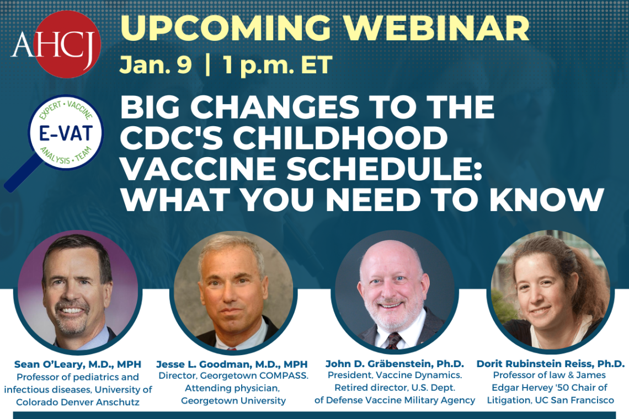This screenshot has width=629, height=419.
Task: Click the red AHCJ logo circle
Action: tap(67, 44)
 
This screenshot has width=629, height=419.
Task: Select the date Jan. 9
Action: tap(156, 65)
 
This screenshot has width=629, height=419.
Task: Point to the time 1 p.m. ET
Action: tap(277, 65)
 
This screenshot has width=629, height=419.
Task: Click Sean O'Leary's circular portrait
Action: tap(77, 290)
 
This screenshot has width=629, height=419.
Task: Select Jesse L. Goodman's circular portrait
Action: tap(233, 291)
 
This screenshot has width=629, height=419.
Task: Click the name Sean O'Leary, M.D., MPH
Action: tap(78, 364)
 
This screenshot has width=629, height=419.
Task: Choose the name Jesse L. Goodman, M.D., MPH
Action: tap(232, 364)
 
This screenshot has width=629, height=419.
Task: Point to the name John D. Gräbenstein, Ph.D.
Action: tap(395, 364)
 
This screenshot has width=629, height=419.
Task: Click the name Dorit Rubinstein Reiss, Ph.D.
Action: tap(551, 364)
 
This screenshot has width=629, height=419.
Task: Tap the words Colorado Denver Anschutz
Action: tap(78, 402)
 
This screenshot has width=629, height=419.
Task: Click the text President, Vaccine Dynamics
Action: tap(395, 376)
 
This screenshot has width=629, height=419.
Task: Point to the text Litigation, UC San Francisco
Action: tap(550, 400)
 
